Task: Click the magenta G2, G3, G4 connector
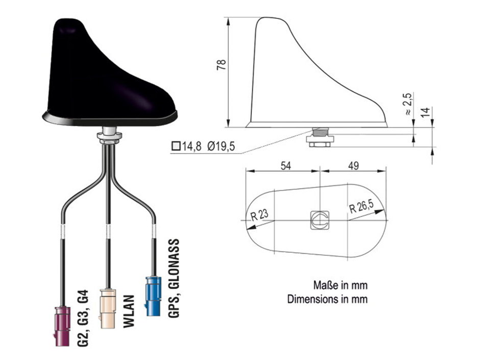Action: [62, 326]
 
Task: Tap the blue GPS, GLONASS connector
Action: [153, 296]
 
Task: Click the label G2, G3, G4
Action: [83, 318]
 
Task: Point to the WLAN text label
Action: [129, 311]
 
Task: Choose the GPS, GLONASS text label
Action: [174, 278]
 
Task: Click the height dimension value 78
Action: [222, 65]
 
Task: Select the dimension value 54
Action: [286, 166]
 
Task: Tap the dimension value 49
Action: [353, 166]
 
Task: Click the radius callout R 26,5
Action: [361, 206]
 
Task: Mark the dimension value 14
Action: [426, 112]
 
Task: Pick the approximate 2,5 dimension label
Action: [409, 104]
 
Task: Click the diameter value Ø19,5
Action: [221, 146]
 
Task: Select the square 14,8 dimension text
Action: [187, 146]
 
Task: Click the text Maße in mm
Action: [340, 285]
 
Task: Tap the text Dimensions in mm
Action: [327, 299]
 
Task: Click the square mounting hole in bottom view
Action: [320, 220]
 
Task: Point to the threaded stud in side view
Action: [320, 131]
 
